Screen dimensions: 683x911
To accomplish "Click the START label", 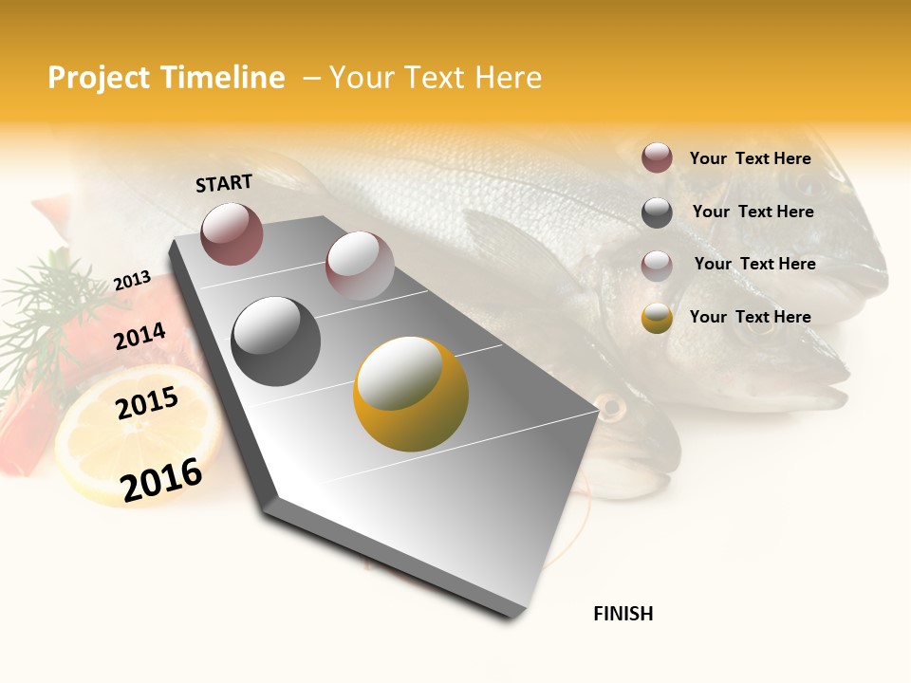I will (x=224, y=183).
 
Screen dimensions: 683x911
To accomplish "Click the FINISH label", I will (x=623, y=614).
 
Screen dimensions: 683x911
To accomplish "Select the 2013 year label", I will (x=132, y=281).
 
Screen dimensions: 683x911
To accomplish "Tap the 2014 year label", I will (x=140, y=337).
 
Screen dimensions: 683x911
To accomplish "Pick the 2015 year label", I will (x=147, y=403).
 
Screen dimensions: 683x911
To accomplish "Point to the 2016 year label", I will (x=161, y=479).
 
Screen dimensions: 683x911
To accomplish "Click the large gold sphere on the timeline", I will (x=411, y=394).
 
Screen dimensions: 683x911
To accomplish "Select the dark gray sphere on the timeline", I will (x=276, y=341).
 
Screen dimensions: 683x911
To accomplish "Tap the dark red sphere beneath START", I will (x=232, y=233).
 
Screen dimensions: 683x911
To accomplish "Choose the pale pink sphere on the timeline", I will (x=359, y=265).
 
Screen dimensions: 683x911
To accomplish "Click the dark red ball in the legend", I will (x=657, y=158).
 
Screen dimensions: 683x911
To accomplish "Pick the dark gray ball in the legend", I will (x=657, y=212).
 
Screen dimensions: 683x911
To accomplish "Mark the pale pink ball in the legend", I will (x=657, y=265).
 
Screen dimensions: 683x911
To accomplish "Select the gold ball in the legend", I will (x=657, y=318).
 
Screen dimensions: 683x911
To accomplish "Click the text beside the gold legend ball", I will (x=750, y=317).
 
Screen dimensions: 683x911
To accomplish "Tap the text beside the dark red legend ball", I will (x=750, y=158).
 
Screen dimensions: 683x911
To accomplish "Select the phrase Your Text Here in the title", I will (x=435, y=78).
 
